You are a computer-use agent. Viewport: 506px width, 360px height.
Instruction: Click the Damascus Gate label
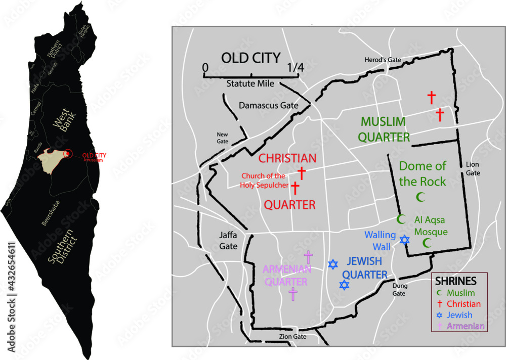coord(268,106)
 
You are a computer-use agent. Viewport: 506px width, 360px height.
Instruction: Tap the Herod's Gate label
coord(383,60)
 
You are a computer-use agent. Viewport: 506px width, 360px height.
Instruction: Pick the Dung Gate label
coord(400,289)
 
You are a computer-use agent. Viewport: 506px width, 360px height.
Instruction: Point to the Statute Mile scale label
coord(250,84)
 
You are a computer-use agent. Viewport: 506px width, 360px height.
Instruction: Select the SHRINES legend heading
coord(456,281)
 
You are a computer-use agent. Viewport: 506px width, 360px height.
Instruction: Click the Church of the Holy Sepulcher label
coord(263,180)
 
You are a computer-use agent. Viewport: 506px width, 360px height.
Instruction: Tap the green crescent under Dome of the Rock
coord(419,196)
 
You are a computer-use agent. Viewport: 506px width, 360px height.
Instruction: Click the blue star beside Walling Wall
coord(404,239)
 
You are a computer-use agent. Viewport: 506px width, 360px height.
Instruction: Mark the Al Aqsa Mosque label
coord(431,226)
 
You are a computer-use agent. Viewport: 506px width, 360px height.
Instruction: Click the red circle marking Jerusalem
coord(69,153)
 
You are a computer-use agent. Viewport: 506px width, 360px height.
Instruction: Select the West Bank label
coord(62,123)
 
